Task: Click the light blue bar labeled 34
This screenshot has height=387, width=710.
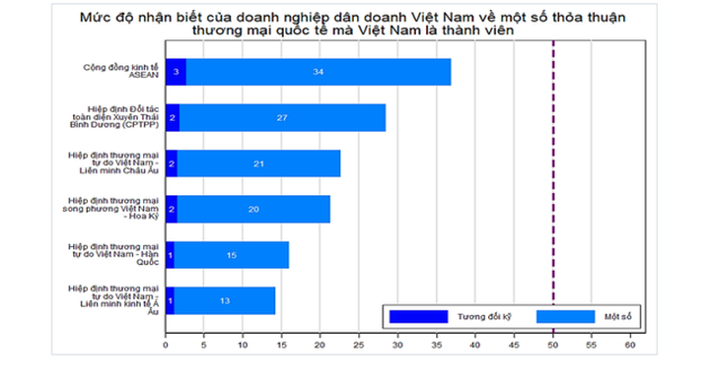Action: point(319,72)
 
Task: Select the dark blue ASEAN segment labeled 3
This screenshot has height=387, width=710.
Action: point(176,72)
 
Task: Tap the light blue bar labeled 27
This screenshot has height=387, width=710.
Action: point(282,117)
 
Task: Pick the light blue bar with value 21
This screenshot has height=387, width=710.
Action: point(258,162)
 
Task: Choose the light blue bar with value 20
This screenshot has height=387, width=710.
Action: point(252,209)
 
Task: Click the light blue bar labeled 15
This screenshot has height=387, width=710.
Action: point(231,254)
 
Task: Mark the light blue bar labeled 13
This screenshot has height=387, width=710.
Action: point(225,299)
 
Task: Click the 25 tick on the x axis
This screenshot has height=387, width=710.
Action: point(359,346)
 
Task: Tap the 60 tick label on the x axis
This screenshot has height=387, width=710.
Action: point(629,346)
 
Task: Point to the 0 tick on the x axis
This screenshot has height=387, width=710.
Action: point(166,346)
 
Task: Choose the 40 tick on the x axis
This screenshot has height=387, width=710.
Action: point(475,346)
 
